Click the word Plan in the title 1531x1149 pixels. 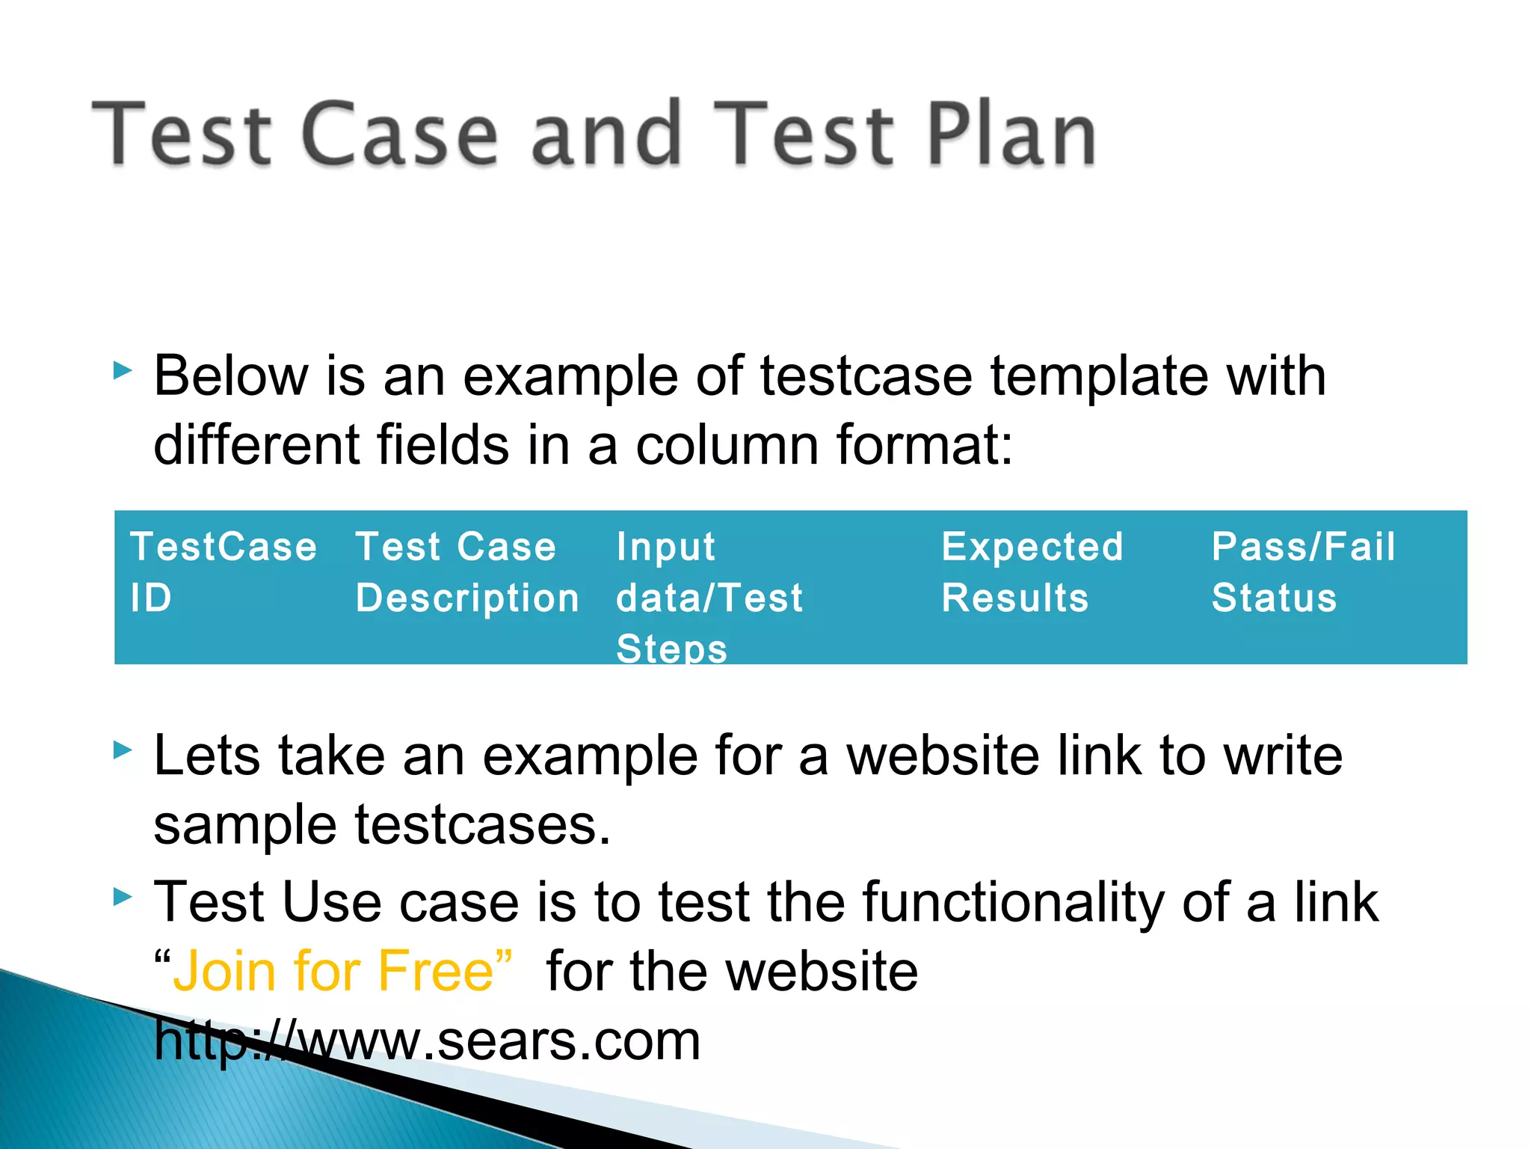(1011, 135)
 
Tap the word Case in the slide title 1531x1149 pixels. (400, 135)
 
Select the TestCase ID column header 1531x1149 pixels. (223, 572)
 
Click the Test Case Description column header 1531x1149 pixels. (466, 572)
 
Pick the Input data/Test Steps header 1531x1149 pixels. (709, 596)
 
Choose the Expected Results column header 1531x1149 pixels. (1032, 572)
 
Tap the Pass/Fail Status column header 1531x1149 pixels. (1303, 572)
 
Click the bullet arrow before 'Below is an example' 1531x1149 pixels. (123, 370)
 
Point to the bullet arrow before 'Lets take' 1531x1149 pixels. (123, 750)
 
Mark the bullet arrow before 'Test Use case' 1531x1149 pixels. (123, 897)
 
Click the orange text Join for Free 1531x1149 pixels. (333, 971)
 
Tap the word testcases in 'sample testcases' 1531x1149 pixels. (482, 825)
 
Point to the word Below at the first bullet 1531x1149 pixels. (231, 376)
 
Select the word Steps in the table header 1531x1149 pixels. (671, 648)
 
